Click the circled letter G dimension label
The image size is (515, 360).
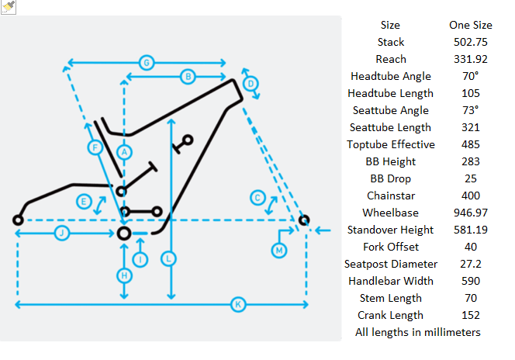point(145,61)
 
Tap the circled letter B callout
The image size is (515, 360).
point(187,76)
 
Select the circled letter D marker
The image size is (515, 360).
point(250,84)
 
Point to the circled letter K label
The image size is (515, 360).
point(238,305)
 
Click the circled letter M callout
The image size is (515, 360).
point(279,250)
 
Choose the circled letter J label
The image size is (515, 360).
point(61,233)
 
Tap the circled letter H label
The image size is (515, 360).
point(124,275)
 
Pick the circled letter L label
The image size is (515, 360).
point(170,258)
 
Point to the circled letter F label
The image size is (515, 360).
point(94,147)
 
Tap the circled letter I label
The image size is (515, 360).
point(140,260)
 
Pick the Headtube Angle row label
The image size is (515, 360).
point(391,76)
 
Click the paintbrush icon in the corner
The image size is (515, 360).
point(9,6)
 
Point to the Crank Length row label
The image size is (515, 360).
point(391,315)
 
